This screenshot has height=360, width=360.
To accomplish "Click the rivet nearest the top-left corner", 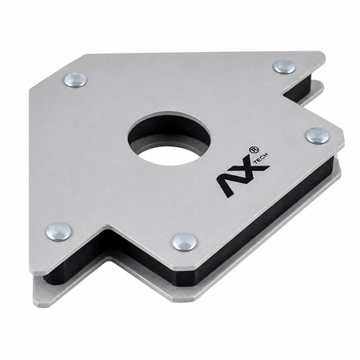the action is click(76, 80).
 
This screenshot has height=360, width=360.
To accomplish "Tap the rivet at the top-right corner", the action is click(285, 66).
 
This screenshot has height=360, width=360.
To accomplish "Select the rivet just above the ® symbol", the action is click(318, 136).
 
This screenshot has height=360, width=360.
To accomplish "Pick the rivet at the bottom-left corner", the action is click(58, 232).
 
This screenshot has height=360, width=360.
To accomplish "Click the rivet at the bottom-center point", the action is click(185, 242).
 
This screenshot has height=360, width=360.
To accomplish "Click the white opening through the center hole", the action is click(169, 154).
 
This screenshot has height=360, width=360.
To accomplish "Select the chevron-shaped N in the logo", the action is click(228, 184).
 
